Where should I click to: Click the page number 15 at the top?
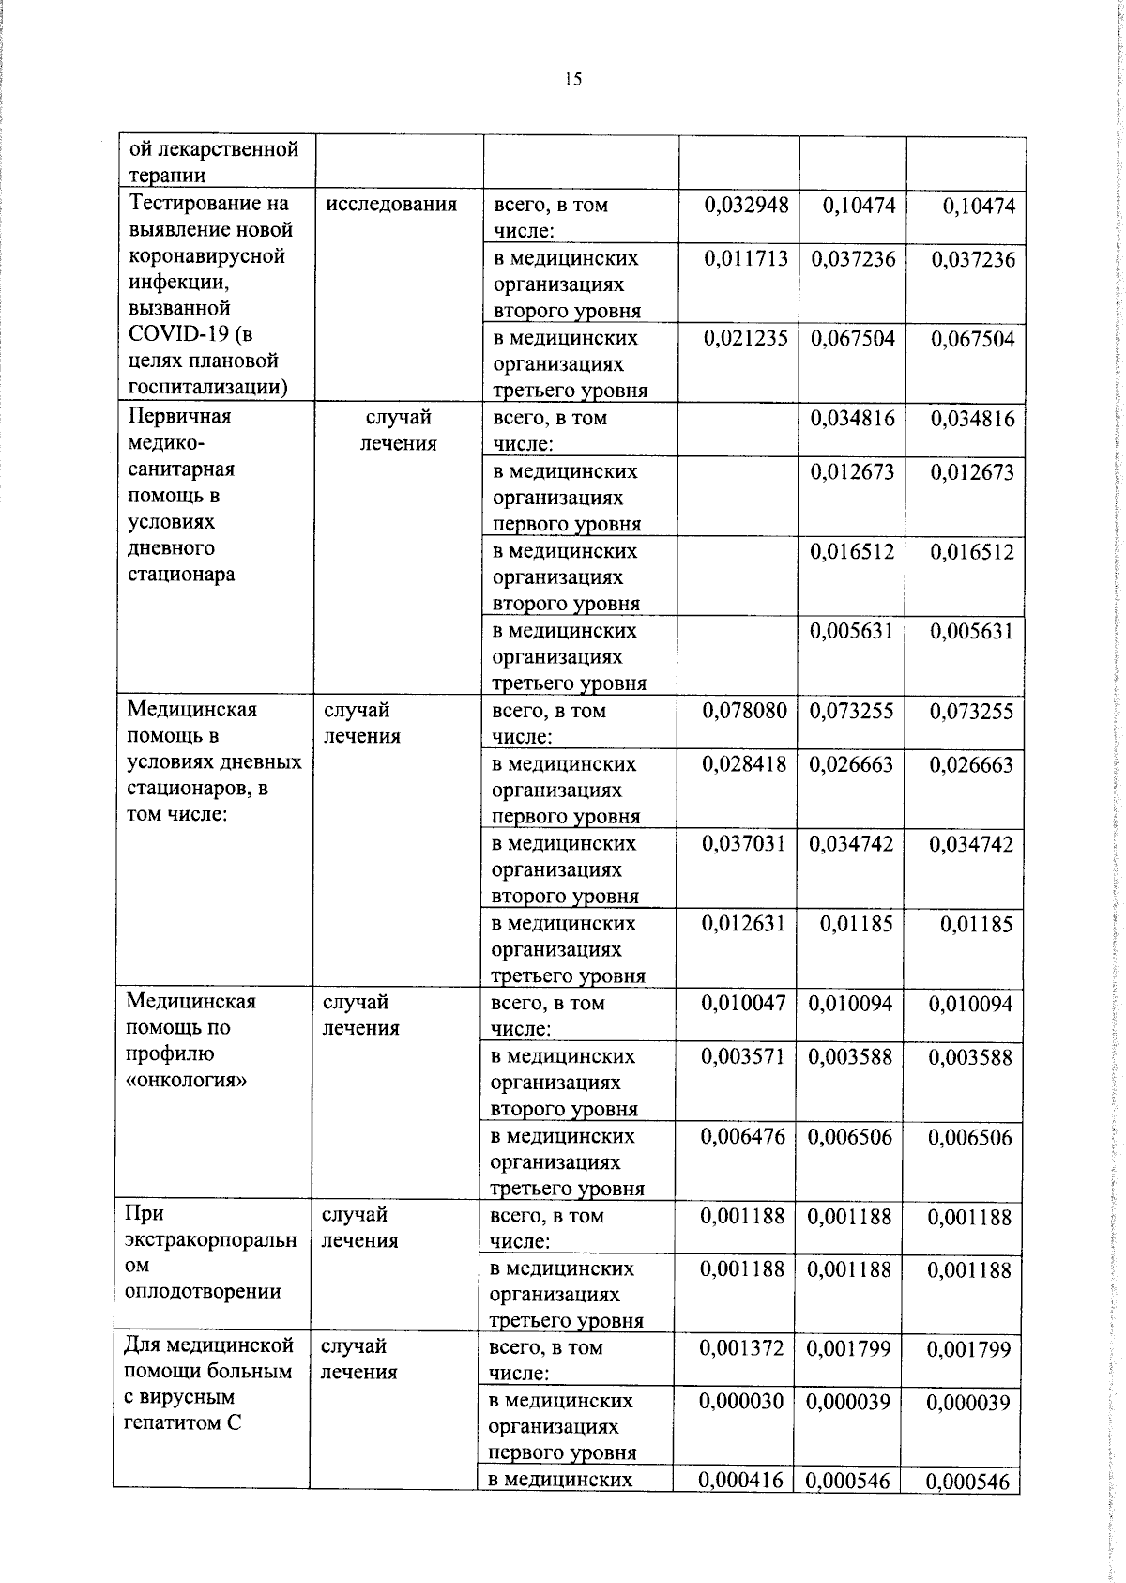point(573,80)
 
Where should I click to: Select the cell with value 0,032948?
point(746,205)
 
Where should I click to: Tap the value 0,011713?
point(746,258)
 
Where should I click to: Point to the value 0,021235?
point(746,338)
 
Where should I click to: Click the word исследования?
point(391,204)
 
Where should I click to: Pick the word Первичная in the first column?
point(179,416)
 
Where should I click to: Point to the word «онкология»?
point(186,1080)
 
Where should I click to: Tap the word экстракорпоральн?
point(210,1240)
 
